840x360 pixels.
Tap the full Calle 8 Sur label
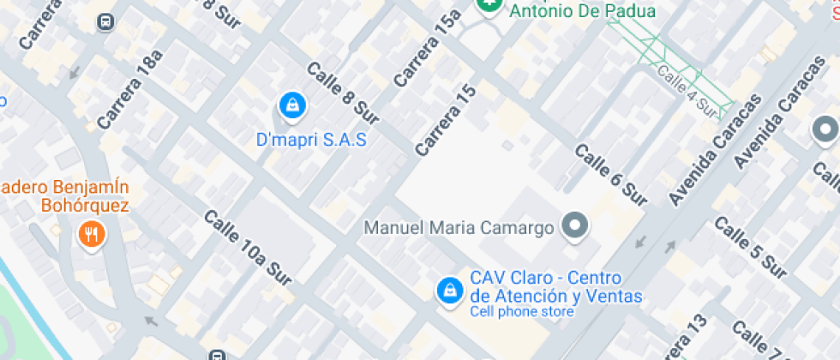[x=342, y=96]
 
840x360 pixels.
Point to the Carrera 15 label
[x=445, y=121]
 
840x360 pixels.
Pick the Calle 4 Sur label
[x=687, y=91]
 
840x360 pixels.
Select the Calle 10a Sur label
[x=248, y=247]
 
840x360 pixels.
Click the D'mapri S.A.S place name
[x=311, y=139]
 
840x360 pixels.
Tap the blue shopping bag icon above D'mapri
[x=293, y=107]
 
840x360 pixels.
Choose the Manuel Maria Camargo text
[x=459, y=228]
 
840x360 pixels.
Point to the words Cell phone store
[x=521, y=312]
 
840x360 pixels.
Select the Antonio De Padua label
[x=582, y=11]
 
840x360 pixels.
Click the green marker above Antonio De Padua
[x=489, y=5]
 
